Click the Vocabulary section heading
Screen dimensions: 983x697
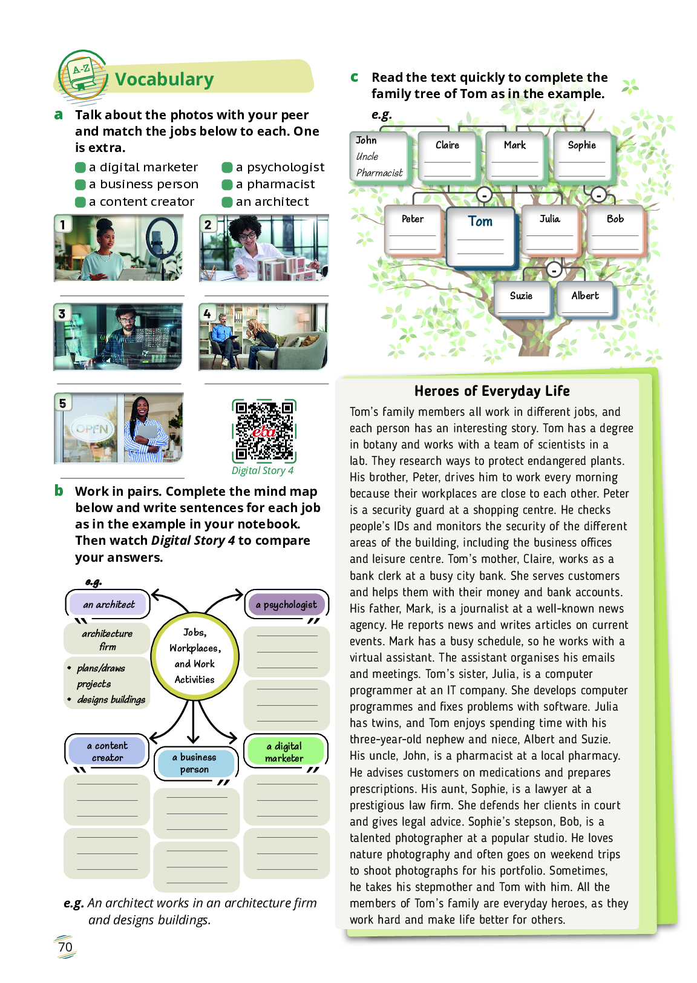pyautogui.click(x=164, y=79)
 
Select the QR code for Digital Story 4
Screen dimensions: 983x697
pyautogui.click(x=264, y=430)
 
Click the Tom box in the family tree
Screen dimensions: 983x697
pyautogui.click(x=480, y=237)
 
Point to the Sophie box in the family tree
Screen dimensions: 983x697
pyautogui.click(x=581, y=156)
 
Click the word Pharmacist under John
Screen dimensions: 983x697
pyautogui.click(x=379, y=173)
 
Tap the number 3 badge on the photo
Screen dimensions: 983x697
pyautogui.click(x=62, y=314)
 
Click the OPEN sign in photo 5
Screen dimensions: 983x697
pyautogui.click(x=91, y=429)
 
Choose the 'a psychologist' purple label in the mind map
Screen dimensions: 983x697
pyautogui.click(x=286, y=605)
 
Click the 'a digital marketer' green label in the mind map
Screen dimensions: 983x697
pyautogui.click(x=284, y=752)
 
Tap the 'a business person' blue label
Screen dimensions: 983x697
pyautogui.click(x=194, y=763)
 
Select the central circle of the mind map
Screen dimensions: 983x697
pyautogui.click(x=194, y=656)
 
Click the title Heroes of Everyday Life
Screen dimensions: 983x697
pyautogui.click(x=492, y=391)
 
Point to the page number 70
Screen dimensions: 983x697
pyautogui.click(x=65, y=947)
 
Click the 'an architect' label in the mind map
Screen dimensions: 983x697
pyautogui.click(x=108, y=605)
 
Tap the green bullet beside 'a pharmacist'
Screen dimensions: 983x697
pyautogui.click(x=227, y=185)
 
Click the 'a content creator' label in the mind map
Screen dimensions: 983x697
pyautogui.click(x=107, y=752)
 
